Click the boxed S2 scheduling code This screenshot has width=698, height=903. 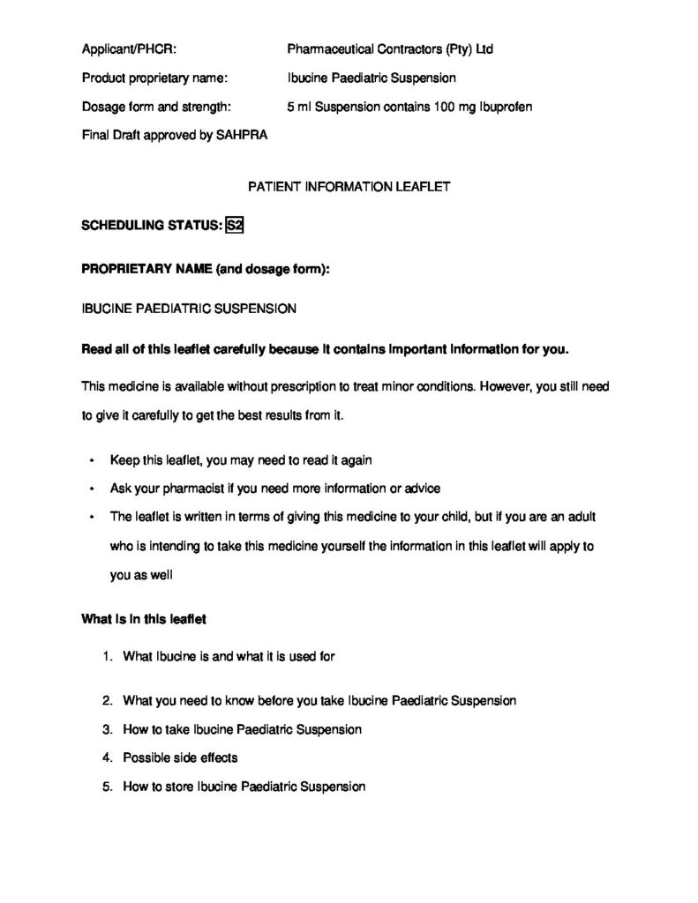click(235, 225)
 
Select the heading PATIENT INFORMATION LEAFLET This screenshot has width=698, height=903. click(349, 187)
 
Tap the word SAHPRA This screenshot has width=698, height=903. click(242, 136)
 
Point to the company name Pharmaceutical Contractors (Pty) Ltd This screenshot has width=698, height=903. click(390, 49)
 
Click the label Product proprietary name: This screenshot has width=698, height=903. click(154, 78)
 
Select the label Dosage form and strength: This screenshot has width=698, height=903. click(156, 107)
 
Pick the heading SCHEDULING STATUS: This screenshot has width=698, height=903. click(151, 225)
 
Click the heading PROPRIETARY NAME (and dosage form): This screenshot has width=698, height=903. click(206, 268)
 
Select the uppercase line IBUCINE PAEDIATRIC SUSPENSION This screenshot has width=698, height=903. click(189, 309)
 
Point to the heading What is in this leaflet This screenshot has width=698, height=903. click(144, 619)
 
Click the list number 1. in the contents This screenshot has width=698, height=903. click(107, 656)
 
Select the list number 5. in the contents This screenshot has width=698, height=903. click(107, 786)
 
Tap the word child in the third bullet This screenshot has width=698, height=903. click(458, 517)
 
